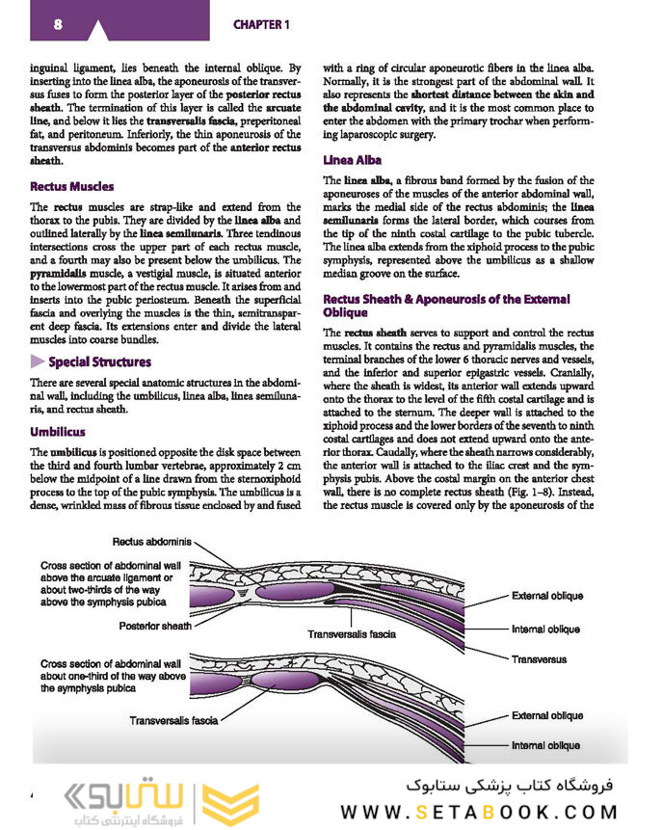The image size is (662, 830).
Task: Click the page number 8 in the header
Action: pyautogui.click(x=59, y=24)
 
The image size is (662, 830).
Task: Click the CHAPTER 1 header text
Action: pyautogui.click(x=261, y=24)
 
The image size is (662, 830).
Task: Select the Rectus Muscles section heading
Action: pyautogui.click(x=71, y=186)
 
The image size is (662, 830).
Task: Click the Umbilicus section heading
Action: pyautogui.click(x=58, y=432)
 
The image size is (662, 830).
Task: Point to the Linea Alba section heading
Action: pyautogui.click(x=353, y=160)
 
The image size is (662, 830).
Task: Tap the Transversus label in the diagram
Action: pyautogui.click(x=539, y=660)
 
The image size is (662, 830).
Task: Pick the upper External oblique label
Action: pyautogui.click(x=547, y=596)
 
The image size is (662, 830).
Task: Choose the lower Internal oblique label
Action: pyautogui.click(x=545, y=745)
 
